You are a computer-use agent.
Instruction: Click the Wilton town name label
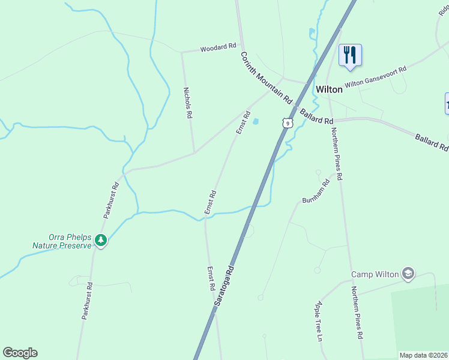(329, 89)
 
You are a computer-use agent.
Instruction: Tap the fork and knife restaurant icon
(349, 55)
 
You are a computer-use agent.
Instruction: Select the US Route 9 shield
(288, 124)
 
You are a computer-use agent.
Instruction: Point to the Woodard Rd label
(218, 47)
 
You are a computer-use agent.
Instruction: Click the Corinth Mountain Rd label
(267, 77)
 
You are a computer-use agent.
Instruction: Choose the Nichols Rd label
(188, 103)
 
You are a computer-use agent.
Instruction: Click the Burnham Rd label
(316, 191)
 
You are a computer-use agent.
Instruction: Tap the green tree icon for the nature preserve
(101, 241)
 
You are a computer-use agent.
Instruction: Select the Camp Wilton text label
(375, 274)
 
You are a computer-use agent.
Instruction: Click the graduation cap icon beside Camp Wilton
(409, 274)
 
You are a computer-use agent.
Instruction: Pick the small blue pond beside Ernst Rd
(256, 122)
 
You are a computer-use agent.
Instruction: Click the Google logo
(20, 352)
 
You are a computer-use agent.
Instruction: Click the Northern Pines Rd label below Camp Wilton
(358, 312)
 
